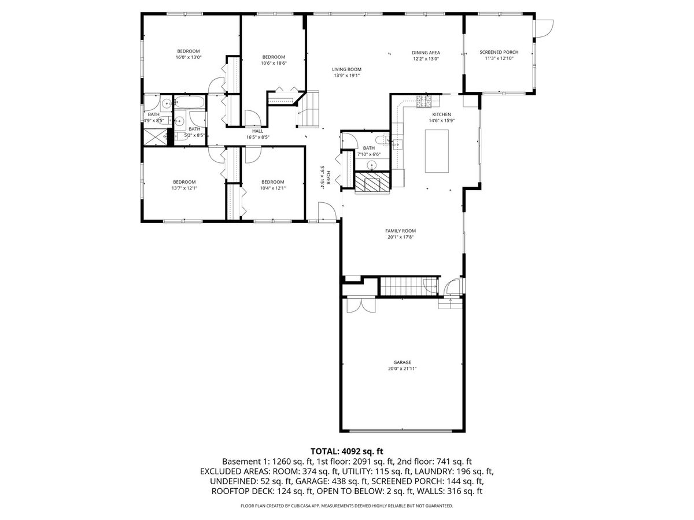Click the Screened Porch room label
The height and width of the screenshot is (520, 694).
click(x=499, y=52)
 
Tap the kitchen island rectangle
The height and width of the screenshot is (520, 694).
click(x=436, y=151)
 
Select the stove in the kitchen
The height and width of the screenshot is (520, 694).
click(x=424, y=101)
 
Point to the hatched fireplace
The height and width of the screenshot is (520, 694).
click(x=372, y=181)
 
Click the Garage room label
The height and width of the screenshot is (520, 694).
click(x=402, y=362)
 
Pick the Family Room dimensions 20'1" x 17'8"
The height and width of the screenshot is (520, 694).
click(x=401, y=237)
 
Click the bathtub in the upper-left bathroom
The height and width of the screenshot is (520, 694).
click(x=189, y=102)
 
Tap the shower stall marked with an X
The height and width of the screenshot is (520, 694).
click(x=155, y=136)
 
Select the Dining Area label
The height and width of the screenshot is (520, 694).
click(x=426, y=53)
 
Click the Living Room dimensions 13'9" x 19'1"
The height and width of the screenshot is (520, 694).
click(x=347, y=76)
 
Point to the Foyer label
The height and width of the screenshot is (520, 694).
click(x=328, y=178)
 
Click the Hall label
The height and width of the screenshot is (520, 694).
click(x=258, y=131)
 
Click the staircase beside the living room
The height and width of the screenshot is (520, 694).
click(x=308, y=109)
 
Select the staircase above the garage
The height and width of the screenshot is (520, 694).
click(x=408, y=287)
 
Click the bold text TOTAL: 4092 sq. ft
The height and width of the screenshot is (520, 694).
click(x=347, y=451)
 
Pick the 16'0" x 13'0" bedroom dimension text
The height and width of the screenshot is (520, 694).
click(x=189, y=57)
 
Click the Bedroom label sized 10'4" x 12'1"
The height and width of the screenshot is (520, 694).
click(x=272, y=182)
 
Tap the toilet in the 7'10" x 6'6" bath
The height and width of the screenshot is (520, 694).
click(x=382, y=140)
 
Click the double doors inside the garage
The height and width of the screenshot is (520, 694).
click(x=361, y=304)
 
